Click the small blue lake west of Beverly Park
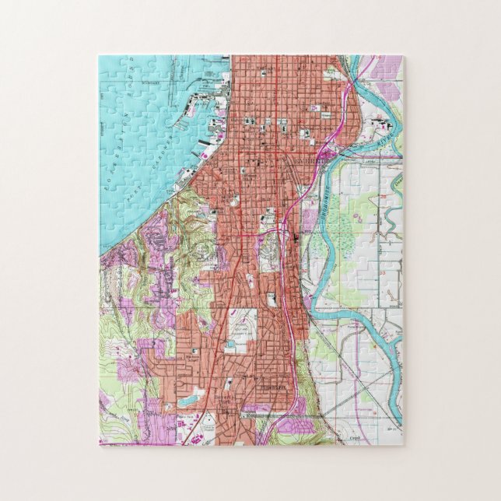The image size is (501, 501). click(x=187, y=401)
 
